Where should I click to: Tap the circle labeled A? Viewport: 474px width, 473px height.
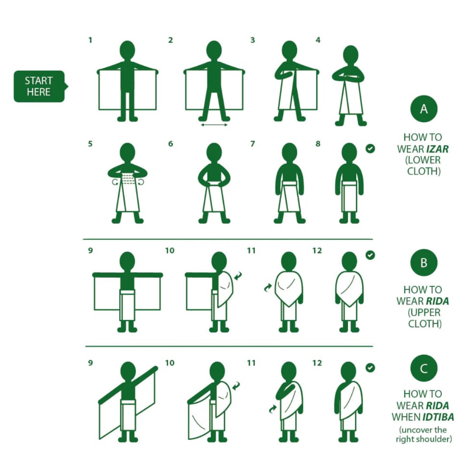coord(424,109)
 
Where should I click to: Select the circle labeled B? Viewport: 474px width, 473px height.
coord(424,262)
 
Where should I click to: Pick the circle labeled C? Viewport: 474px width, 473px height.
coord(424,368)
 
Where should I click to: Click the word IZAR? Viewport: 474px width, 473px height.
coord(437,149)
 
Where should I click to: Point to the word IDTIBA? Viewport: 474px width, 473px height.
coord(438,417)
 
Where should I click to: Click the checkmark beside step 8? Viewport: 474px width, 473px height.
coord(370,149)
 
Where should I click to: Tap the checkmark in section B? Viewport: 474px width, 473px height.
coord(370,255)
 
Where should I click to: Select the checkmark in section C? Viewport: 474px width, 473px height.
coord(370,368)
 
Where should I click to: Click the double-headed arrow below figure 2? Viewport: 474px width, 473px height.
coord(214,124)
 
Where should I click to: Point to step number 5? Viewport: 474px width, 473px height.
coord(90,144)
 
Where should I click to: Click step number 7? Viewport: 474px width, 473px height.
coord(252,144)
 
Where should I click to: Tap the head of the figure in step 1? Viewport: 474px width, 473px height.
coord(127,50)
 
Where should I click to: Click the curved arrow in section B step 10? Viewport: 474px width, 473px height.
coord(238,275)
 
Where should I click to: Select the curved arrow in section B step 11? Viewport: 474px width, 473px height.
coord(268,287)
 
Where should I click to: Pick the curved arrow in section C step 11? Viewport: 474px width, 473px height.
coord(273,409)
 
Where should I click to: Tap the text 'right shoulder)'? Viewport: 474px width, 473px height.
coord(424,439)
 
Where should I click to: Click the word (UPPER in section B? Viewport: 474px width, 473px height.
coord(424,312)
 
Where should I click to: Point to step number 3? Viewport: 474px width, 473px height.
coord(252,40)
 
